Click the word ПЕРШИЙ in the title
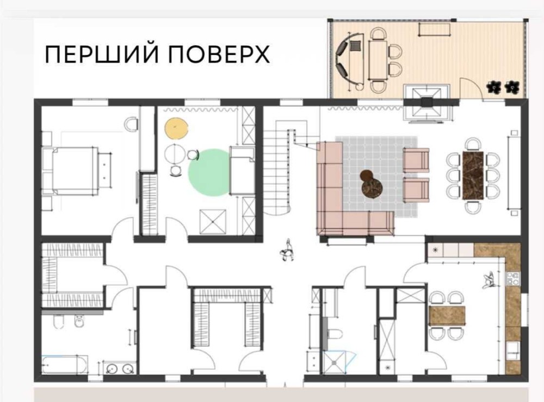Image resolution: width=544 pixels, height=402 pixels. pos(102,54)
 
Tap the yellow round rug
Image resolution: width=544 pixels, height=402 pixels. pos(176,128)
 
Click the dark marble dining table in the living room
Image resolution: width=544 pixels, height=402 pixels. pos(473,175)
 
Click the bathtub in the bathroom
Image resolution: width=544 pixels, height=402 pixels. pos(65,364)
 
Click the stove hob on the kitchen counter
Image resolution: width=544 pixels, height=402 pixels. pos(513,279)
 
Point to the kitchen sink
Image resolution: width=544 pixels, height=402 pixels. pos(512,351)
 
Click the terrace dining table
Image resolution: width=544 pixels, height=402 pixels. pos(378,60)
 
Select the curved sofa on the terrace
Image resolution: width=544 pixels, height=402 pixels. pos(347,60)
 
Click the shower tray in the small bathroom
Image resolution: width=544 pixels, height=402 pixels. pos(334,363)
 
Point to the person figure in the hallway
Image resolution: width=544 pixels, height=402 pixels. pos(287,250)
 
